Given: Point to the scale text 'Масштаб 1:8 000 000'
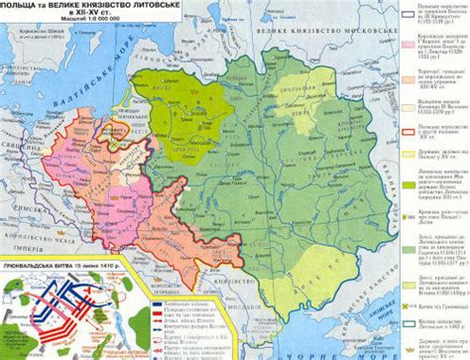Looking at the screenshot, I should pos(99,24).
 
